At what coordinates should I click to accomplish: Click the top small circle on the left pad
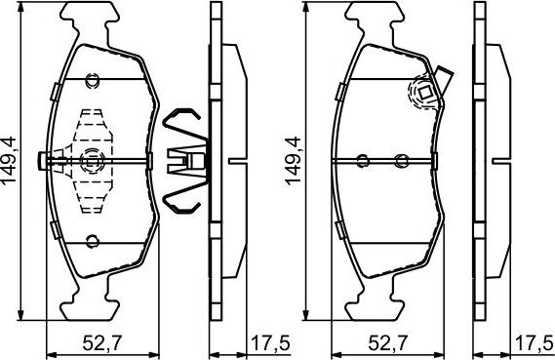(92, 80)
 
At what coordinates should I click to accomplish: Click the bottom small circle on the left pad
(92, 241)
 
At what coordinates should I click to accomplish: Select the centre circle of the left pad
(92, 161)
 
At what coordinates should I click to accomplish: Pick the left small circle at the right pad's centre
(362, 161)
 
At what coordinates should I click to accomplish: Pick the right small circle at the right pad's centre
(400, 161)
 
